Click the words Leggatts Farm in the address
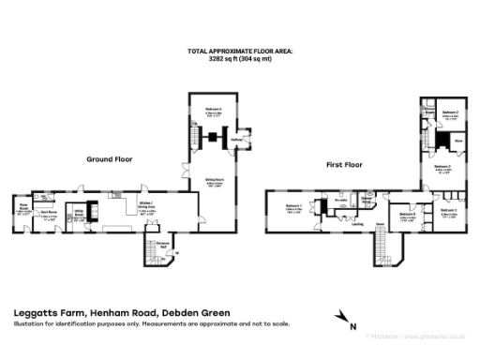point(46,313)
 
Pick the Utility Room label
point(81,214)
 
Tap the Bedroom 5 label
point(407,215)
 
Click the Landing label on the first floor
point(357,224)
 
